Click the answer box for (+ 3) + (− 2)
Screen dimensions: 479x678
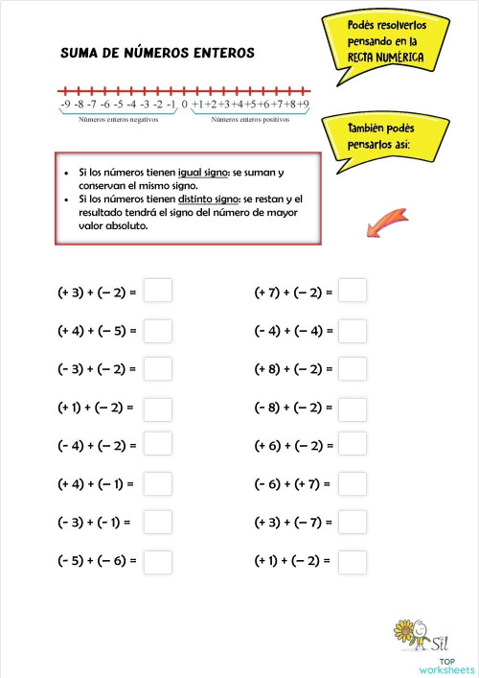point(157,291)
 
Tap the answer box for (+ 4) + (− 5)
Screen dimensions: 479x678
point(157,331)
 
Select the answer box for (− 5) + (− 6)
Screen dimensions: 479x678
point(157,560)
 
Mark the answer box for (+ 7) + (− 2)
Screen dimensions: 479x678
point(353,291)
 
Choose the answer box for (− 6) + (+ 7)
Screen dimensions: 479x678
point(353,484)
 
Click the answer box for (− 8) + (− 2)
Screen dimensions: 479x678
point(353,408)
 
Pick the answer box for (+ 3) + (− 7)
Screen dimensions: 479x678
point(353,523)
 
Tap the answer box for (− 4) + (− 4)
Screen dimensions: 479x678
point(353,331)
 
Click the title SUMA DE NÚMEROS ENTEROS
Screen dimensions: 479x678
point(157,54)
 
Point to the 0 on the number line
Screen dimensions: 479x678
point(183,104)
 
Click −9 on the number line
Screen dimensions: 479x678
point(64,104)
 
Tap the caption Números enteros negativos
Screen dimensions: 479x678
point(118,121)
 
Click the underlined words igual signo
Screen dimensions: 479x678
point(203,173)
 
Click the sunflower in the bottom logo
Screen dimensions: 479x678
point(405,631)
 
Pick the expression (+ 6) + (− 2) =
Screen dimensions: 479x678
point(292,446)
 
